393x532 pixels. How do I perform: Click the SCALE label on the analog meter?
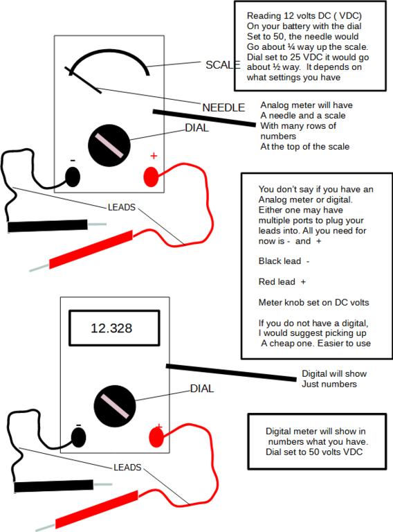tap(222, 65)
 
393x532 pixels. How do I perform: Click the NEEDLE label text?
tap(223, 107)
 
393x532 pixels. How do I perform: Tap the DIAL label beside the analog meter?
tap(196, 127)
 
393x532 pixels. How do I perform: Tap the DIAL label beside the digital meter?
tap(202, 389)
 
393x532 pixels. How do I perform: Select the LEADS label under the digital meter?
tap(127, 468)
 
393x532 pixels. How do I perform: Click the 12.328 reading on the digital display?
tap(111, 328)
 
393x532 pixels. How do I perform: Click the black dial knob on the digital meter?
tap(114, 405)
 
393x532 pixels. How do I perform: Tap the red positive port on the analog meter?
tap(152, 177)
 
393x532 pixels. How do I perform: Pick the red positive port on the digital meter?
tap(157, 437)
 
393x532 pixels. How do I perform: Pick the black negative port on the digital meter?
tap(78, 437)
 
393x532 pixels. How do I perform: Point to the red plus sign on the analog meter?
tap(154, 156)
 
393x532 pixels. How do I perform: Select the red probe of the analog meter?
tap(90, 250)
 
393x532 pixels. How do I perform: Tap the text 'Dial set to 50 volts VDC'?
tap(314, 452)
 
